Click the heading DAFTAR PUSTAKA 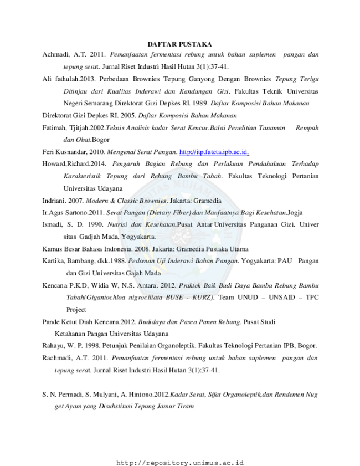pyautogui.click(x=179, y=44)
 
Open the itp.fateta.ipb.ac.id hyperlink pyautogui.click(x=214, y=152)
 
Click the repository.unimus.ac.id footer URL pyautogui.click(x=179, y=463)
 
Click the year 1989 pyautogui.click(x=200, y=103)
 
